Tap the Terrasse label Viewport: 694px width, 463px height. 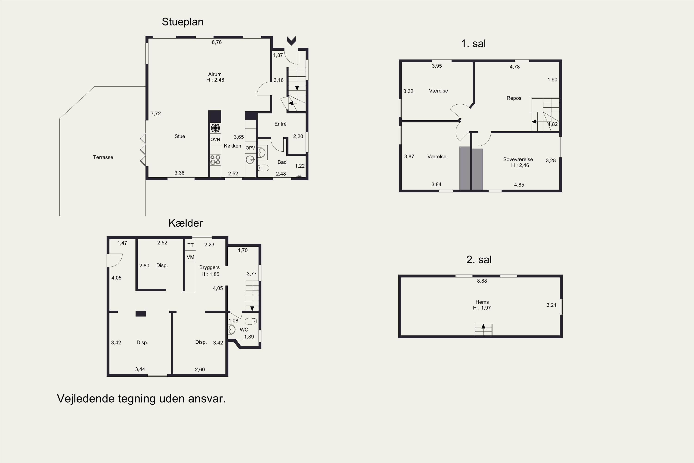[x=103, y=157]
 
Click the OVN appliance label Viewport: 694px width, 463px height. [x=215, y=139]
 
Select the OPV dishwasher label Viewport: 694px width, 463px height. [x=250, y=148]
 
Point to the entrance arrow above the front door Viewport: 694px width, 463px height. [x=291, y=41]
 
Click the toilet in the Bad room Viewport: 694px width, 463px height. [x=263, y=168]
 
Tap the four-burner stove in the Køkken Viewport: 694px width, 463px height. [x=215, y=160]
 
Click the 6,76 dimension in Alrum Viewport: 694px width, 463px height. [x=217, y=42]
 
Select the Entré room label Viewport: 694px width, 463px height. [x=280, y=124]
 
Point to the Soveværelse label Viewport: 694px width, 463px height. [x=518, y=160]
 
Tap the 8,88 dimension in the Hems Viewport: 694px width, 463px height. [x=482, y=281]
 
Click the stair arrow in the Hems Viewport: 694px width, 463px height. [x=483, y=326]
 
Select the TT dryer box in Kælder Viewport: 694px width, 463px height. [x=191, y=245]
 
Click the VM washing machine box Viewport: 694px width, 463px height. [x=191, y=257]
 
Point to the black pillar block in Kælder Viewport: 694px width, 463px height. [x=141, y=314]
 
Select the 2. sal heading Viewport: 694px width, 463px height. [x=479, y=260]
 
